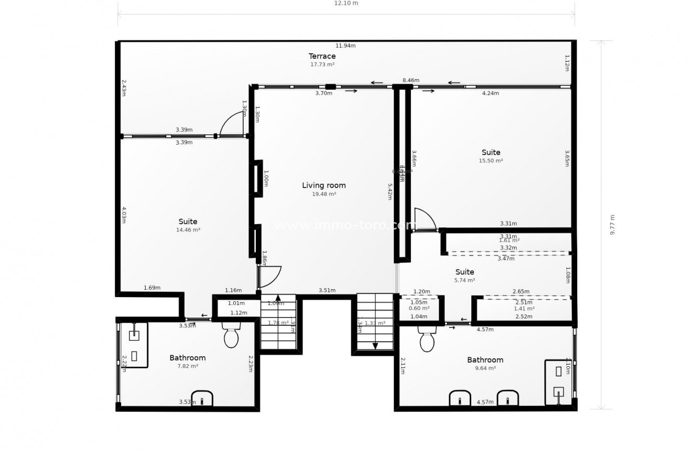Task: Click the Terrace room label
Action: click(x=322, y=56)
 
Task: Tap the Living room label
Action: click(x=324, y=185)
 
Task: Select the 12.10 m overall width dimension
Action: click(x=346, y=3)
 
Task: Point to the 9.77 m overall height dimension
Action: click(x=612, y=225)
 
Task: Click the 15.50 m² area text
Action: click(x=491, y=161)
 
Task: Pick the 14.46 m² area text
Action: click(x=188, y=230)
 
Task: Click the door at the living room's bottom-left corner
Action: click(x=269, y=277)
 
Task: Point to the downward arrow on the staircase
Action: click(x=375, y=345)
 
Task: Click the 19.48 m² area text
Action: click(x=324, y=194)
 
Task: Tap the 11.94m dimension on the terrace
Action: click(x=346, y=46)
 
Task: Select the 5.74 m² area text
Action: click(x=464, y=280)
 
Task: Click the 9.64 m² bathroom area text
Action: click(x=485, y=368)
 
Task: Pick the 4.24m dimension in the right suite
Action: click(x=491, y=93)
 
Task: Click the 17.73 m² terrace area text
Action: click(x=322, y=64)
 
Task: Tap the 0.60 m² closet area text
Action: click(x=419, y=309)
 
